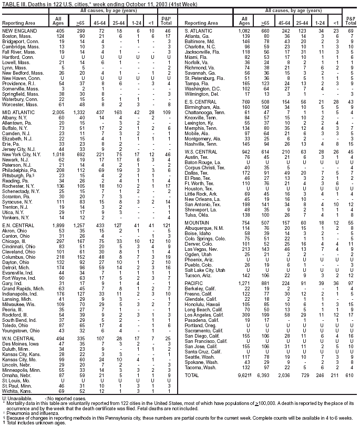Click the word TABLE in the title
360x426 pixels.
(x=12, y=4)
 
